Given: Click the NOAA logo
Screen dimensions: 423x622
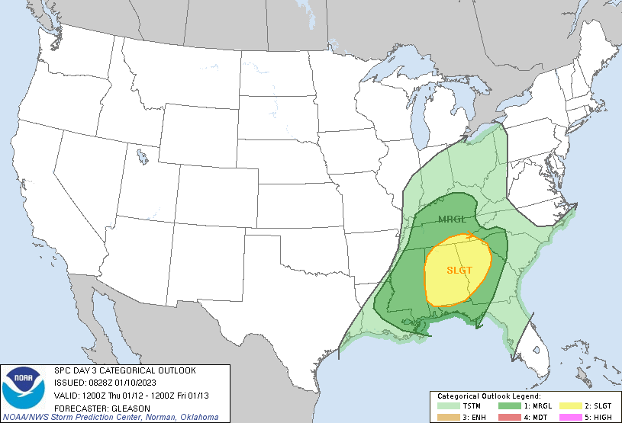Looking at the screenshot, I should tap(24, 387).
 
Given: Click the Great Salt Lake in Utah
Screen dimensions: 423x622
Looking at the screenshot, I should tap(143, 158).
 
